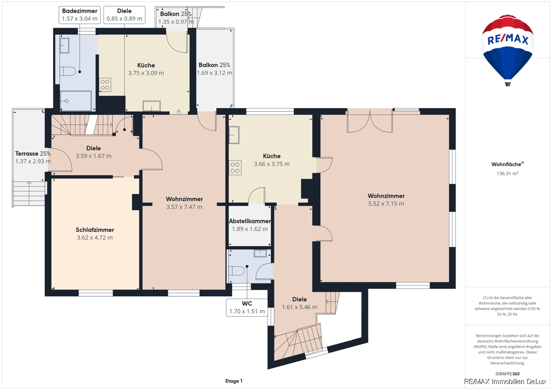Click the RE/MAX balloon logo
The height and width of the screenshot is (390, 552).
tap(508, 50)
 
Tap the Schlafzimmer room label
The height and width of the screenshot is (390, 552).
tap(95, 230)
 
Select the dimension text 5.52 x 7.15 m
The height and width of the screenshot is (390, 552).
tap(386, 204)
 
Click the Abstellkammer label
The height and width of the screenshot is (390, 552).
tap(250, 221)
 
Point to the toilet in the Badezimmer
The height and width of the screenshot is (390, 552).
tap(68, 71)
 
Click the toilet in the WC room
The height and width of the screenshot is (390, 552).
tap(236, 271)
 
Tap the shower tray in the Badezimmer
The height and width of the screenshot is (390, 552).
tap(76, 101)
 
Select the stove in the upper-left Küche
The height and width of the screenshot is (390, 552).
tap(105, 85)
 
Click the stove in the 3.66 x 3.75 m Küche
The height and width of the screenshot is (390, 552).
tap(235, 167)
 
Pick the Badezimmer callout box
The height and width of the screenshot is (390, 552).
tap(80, 15)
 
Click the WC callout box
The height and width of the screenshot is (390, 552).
tap(247, 308)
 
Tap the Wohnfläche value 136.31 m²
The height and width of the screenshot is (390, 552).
tap(508, 173)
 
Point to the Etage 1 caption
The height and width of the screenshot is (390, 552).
tap(234, 381)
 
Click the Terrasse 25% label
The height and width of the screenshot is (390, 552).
tap(33, 154)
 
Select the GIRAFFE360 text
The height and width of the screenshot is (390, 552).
tap(507, 374)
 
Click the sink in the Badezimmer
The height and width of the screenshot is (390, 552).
tap(64, 46)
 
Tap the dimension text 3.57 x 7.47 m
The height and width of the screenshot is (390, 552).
tap(184, 207)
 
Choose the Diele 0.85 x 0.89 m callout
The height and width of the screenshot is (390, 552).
tap(125, 15)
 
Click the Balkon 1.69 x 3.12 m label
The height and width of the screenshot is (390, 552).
tap(214, 69)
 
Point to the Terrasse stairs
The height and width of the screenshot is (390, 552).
tap(29, 194)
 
